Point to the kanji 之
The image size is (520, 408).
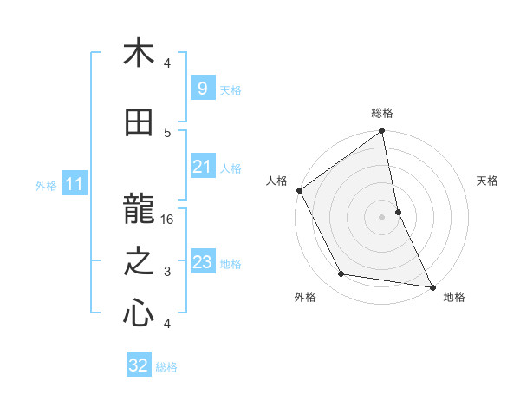tap(139, 261)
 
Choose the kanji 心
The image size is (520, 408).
tap(139, 313)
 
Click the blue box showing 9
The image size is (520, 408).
tap(202, 88)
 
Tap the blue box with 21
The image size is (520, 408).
tap(202, 167)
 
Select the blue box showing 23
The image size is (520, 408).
tap(202, 262)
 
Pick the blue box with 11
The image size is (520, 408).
tap(74, 184)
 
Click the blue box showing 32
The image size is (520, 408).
tap(138, 365)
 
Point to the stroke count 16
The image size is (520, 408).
tap(168, 220)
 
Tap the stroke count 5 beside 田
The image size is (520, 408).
tap(168, 132)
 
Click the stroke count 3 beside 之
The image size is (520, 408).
tap(168, 272)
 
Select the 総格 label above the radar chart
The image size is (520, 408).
tap(382, 113)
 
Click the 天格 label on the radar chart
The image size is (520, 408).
tap(488, 181)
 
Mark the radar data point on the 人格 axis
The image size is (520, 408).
tap(299, 190)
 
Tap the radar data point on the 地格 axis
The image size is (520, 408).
tap(432, 286)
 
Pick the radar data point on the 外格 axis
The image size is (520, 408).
tap(341, 274)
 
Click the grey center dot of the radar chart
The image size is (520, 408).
tap(382, 217)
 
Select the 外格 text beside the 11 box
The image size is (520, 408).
tap(46, 185)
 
